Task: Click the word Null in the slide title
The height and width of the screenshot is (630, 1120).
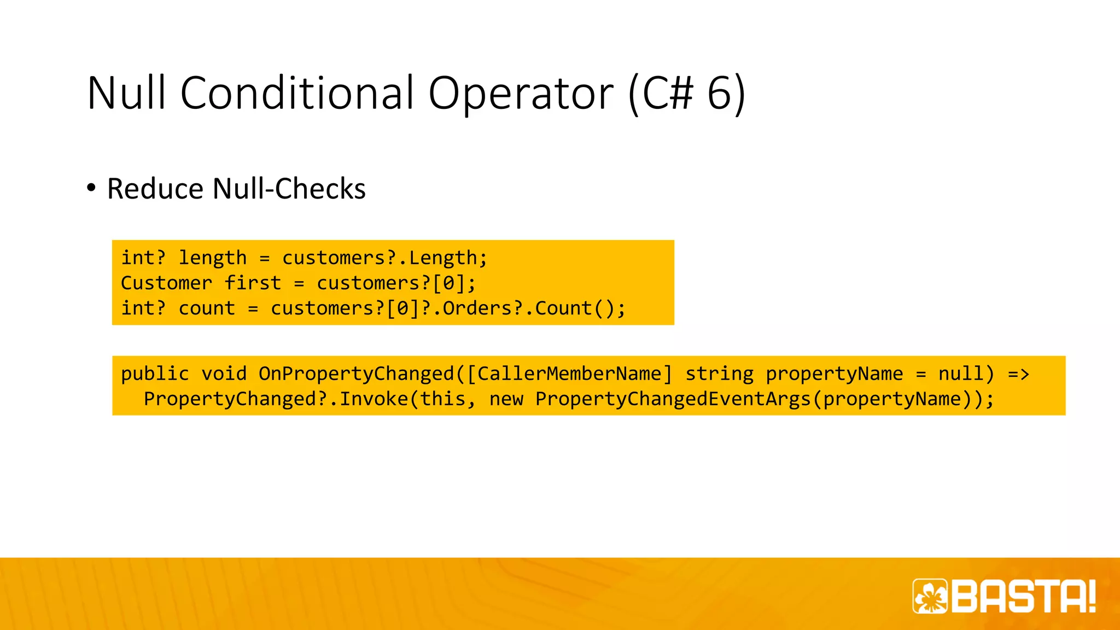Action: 126,93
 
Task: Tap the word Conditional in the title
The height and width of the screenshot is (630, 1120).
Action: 297,93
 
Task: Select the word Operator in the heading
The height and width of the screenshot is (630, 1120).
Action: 521,93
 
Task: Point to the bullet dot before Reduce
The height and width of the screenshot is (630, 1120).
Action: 91,188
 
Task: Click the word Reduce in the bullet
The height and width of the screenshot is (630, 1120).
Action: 155,189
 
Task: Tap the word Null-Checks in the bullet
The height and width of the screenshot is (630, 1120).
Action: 289,189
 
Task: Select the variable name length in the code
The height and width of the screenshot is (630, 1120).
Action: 213,258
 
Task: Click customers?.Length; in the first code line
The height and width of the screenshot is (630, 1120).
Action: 384,258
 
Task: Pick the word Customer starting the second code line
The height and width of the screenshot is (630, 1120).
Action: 166,283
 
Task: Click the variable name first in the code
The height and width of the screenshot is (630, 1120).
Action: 253,283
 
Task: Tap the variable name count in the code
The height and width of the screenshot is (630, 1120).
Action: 207,308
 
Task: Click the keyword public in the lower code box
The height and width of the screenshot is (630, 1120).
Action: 155,374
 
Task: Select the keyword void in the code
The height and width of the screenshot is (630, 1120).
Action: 224,374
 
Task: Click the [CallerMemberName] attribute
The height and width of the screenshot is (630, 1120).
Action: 569,374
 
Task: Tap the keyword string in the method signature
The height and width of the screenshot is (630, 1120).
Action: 719,374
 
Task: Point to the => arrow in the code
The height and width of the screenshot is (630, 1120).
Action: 1018,374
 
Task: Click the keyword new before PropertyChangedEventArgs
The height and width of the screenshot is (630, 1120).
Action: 506,399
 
